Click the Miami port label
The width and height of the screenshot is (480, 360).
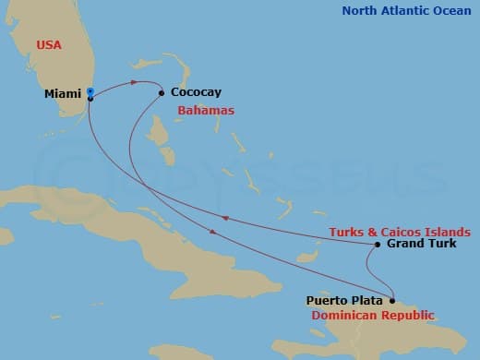tap(63, 93)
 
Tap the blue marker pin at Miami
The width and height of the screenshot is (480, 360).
tap(90, 92)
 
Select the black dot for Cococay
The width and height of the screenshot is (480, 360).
tap(162, 92)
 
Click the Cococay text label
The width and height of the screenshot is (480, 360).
tap(196, 93)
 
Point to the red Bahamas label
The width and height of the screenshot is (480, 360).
tap(206, 110)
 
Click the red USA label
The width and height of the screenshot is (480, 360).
tap(50, 44)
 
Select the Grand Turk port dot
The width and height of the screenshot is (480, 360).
tap(378, 245)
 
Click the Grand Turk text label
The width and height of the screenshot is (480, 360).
tap(421, 245)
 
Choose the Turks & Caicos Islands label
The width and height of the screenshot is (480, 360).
tap(400, 231)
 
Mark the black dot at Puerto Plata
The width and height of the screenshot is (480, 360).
tap(392, 300)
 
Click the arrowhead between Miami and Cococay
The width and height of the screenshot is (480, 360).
tap(134, 82)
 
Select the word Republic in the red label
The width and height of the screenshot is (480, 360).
tap(402, 315)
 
